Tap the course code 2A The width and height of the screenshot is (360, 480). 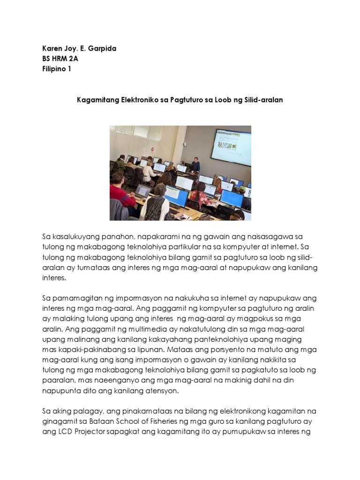point(73,59)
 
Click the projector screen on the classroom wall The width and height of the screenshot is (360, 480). point(230,147)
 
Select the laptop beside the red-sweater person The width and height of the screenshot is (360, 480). point(142,191)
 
